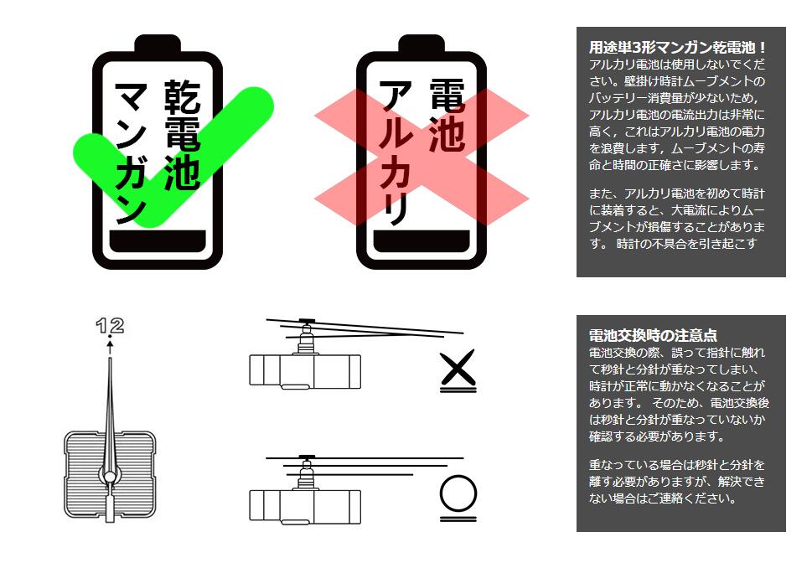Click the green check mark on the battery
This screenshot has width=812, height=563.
click(x=226, y=126)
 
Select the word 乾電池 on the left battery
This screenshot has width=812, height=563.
click(x=180, y=135)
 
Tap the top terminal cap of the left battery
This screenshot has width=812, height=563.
click(x=158, y=44)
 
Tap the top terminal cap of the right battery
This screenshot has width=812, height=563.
click(x=422, y=44)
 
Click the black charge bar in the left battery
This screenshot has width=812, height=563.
click(x=158, y=240)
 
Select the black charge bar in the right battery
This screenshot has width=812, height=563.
click(x=422, y=240)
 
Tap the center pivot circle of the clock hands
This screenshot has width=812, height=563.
click(x=109, y=477)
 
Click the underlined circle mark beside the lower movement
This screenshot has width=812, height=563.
click(x=458, y=493)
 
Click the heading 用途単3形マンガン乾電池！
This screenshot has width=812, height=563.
click(x=677, y=47)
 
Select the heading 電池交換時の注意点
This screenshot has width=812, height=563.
click(x=653, y=335)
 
